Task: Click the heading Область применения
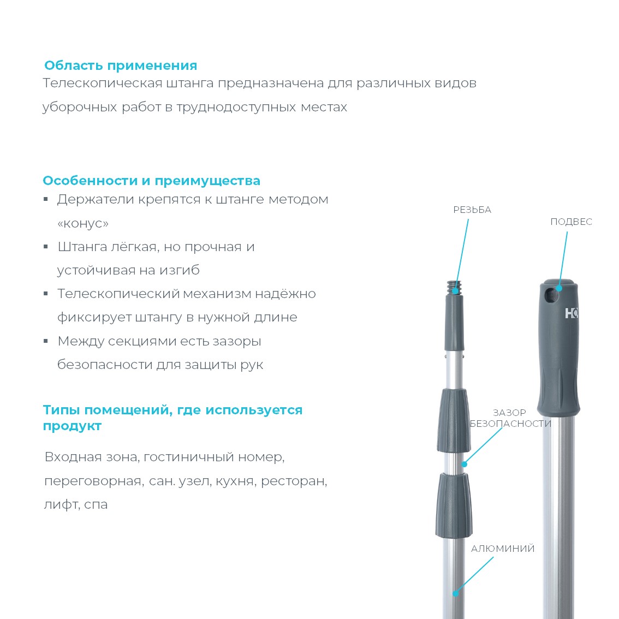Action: (121, 66)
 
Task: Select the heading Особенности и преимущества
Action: (151, 181)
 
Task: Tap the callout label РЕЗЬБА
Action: (472, 210)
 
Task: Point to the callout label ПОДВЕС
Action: (571, 222)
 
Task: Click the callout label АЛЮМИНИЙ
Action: (503, 549)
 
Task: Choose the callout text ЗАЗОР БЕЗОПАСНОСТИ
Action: (510, 418)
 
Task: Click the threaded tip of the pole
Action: (454, 287)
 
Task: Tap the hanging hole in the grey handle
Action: (552, 295)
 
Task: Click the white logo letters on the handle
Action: (572, 313)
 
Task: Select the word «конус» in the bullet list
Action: (83, 223)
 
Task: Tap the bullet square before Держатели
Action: (46, 200)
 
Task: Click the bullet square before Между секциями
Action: (46, 342)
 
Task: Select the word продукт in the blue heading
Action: (72, 426)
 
